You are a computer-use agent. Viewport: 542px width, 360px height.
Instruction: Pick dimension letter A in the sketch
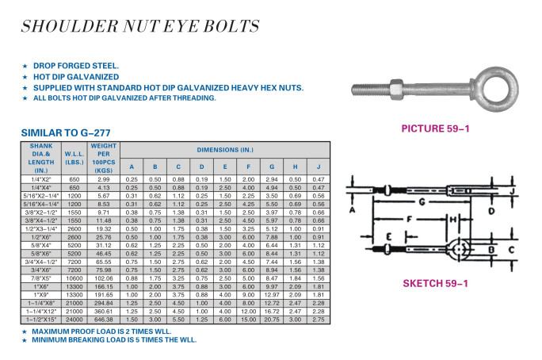click(352, 210)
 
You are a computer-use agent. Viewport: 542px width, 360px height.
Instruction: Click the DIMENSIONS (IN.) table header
click(226, 150)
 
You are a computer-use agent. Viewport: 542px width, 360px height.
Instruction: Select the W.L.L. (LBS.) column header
click(74, 158)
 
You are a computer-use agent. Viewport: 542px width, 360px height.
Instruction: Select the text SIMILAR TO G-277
click(71, 133)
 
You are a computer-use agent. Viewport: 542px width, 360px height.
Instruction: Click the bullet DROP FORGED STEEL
click(76, 66)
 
